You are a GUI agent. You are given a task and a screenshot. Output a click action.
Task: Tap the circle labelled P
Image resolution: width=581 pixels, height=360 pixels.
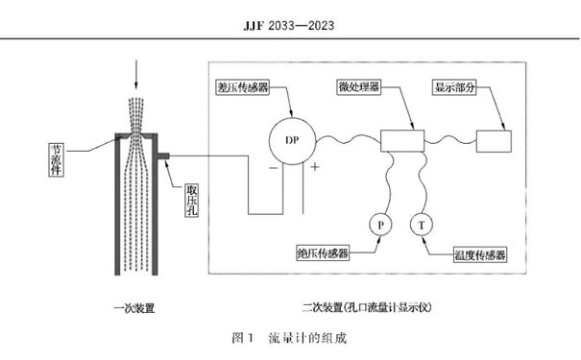[379, 225]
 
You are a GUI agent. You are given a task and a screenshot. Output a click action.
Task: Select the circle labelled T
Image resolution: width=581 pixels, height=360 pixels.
[421, 225]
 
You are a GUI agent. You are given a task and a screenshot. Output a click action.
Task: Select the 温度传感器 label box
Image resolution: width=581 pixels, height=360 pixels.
[479, 256]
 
